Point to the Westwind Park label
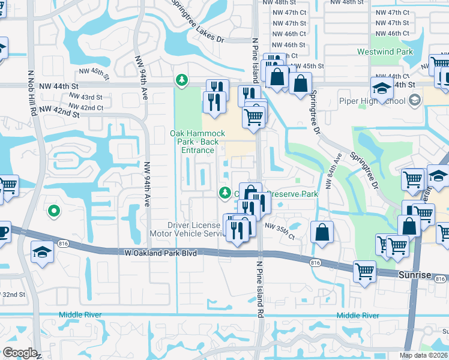click(385, 52)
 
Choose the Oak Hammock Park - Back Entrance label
click(197, 142)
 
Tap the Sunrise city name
click(415, 274)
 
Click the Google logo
click(20, 353)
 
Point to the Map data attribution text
click(424, 355)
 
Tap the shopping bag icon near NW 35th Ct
click(322, 232)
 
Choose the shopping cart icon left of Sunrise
click(364, 271)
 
